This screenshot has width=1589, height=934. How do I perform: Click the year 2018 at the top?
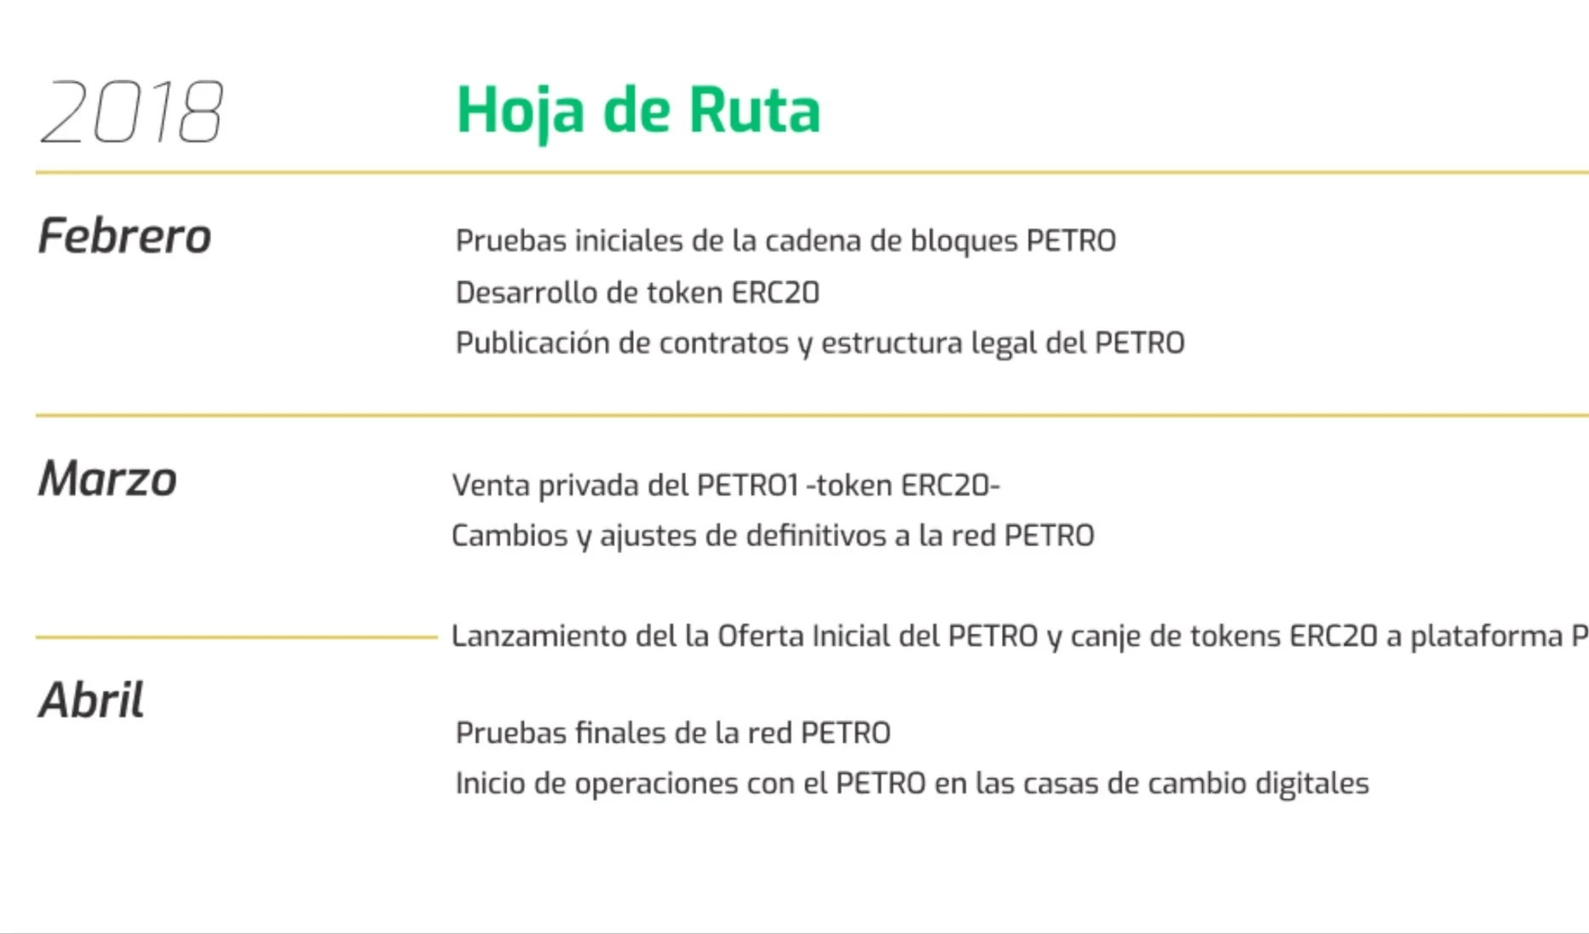tap(132, 112)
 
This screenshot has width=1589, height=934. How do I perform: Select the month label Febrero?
tap(124, 236)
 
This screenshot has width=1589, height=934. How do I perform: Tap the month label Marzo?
tap(107, 479)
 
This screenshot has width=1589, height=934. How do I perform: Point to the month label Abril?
tap(91, 700)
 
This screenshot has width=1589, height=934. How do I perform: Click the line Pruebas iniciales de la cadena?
tap(786, 241)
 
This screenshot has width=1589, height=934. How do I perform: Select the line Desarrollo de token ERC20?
tap(637, 292)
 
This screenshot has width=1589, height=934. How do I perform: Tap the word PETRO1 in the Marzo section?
tap(747, 485)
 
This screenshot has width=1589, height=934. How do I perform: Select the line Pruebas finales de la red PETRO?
tap(673, 733)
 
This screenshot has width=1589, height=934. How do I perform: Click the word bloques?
tap(964, 241)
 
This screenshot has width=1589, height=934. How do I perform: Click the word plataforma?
tap(1486, 637)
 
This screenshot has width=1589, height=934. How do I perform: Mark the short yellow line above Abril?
tap(236, 637)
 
